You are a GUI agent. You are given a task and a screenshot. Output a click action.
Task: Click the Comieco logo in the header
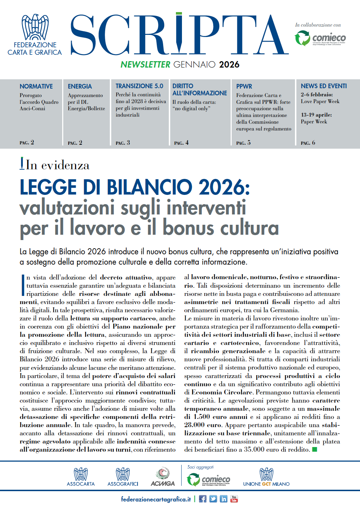point(320,38)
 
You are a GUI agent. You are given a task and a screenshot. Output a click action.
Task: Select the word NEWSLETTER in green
point(145,64)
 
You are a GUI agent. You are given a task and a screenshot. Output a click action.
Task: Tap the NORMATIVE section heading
point(36,86)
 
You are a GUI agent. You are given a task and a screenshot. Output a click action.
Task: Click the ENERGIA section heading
point(80,86)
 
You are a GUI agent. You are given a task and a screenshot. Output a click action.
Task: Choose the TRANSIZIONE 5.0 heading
point(139,86)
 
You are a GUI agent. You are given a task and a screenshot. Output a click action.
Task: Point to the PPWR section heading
point(244,86)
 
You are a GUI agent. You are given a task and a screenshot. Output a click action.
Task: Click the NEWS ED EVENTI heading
point(323,86)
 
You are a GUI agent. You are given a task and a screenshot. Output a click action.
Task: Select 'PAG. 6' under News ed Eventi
point(308,143)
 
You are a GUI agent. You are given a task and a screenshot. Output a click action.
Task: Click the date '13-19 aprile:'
point(316,115)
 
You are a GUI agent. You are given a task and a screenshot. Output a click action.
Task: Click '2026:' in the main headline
point(224,187)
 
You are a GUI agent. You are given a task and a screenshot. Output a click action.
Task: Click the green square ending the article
point(314,450)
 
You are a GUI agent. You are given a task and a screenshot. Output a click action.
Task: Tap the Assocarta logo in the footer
point(81,477)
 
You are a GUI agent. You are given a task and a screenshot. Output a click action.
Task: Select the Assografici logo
point(123,477)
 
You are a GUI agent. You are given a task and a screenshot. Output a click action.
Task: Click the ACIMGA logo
point(163,477)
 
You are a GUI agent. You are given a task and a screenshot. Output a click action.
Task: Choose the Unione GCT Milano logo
point(266,477)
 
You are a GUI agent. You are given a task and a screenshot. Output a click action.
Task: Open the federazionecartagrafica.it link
point(156,499)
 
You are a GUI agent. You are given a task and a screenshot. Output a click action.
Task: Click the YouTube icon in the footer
point(234,499)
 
